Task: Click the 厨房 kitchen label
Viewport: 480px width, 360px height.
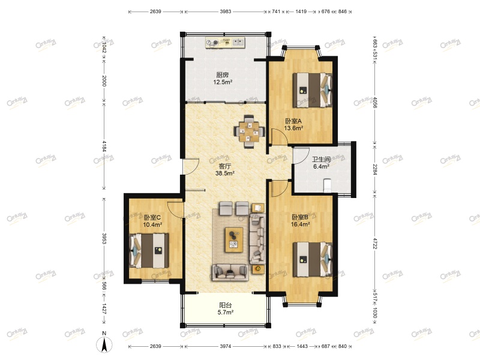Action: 222,75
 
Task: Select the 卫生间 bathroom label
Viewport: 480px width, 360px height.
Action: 321,160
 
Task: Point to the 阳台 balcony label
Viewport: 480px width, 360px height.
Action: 226,304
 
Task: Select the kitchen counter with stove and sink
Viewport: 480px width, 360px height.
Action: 225,43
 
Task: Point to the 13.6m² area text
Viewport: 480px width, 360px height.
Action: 293,128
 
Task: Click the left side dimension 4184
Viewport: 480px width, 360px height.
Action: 104,146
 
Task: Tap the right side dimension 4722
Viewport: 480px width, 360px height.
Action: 376,243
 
